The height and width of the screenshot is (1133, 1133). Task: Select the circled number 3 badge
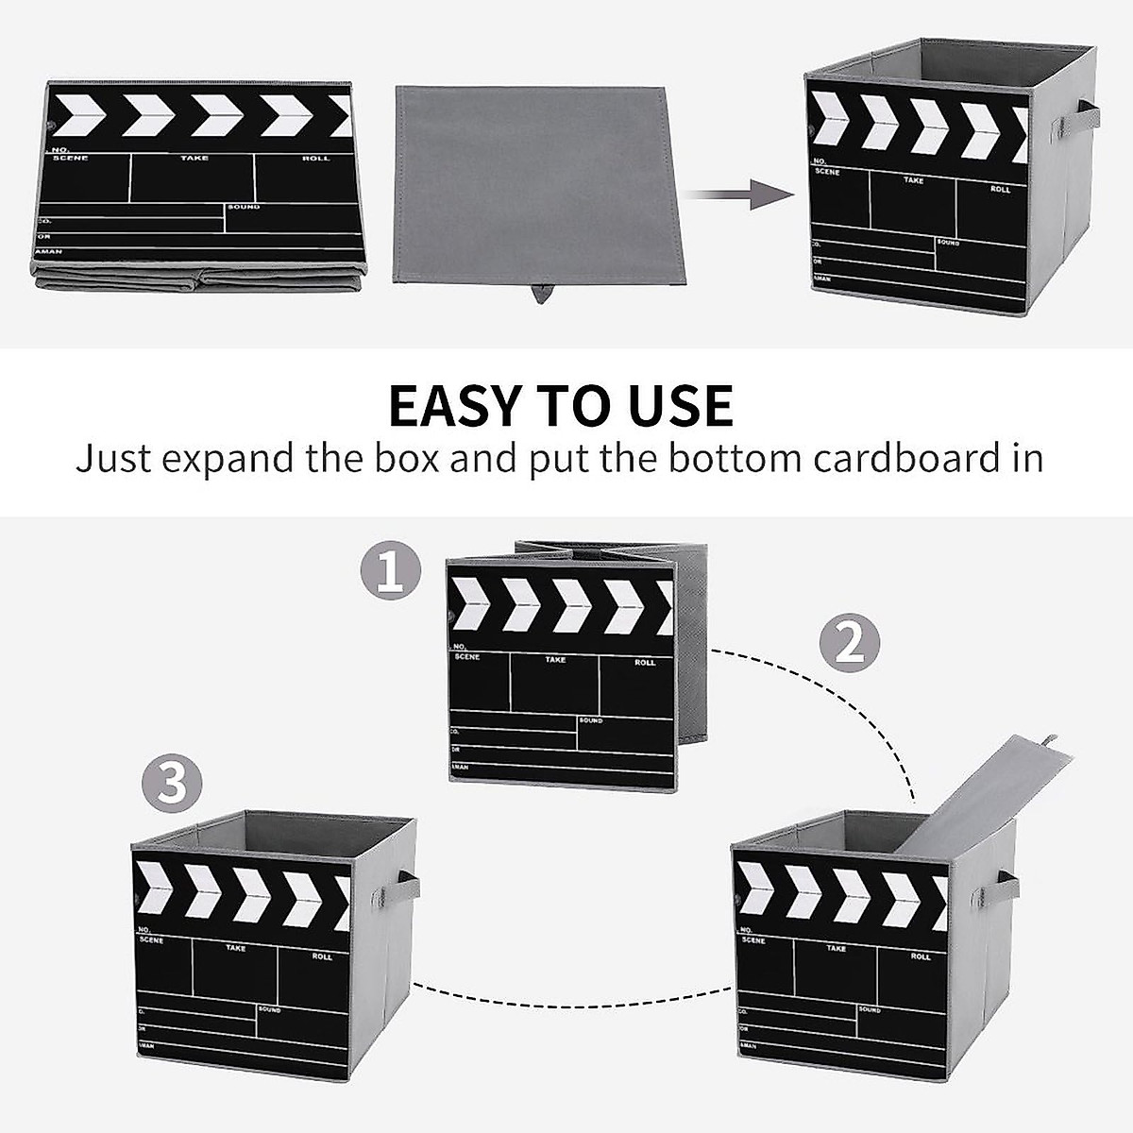point(171,784)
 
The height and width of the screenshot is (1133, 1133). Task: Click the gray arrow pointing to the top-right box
point(737,195)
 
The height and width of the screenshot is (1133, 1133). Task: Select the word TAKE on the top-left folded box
point(194,158)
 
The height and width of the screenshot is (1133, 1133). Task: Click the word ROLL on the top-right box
point(1000,189)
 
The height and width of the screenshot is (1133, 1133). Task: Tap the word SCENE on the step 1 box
point(466,656)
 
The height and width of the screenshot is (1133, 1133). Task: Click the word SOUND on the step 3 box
point(269,1009)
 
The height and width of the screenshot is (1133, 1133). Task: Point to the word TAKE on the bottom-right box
point(836,947)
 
